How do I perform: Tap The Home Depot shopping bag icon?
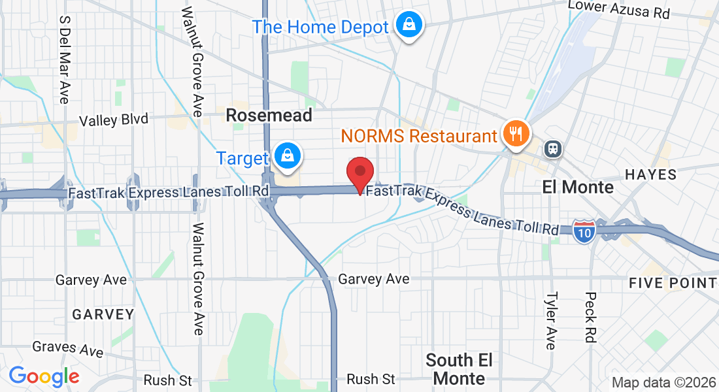pos(409,25)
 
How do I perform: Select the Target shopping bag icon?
pos(287,155)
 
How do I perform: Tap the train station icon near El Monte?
pos(554,148)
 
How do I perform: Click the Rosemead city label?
pos(269,116)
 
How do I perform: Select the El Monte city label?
pos(578,188)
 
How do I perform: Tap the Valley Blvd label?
pos(114,120)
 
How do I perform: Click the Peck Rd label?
pos(590,318)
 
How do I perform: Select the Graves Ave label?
pos(68,348)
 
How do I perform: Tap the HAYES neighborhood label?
pos(650,174)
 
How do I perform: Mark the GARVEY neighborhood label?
pos(103,314)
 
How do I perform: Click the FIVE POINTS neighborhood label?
pos(673,283)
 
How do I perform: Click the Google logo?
pos(44,376)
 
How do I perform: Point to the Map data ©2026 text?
pos(663,383)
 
